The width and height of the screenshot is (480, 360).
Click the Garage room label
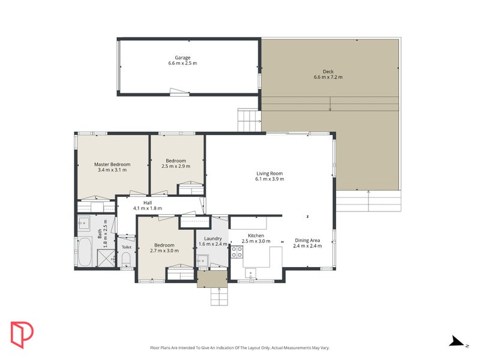point(182,58)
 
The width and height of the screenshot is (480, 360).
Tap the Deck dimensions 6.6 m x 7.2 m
point(328,77)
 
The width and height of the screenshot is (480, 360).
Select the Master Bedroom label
point(112,164)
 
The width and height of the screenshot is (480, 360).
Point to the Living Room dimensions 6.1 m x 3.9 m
point(269,179)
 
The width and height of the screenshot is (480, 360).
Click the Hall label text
point(147,203)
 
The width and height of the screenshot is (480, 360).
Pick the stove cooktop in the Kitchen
point(237,252)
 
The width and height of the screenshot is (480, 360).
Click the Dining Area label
point(307,240)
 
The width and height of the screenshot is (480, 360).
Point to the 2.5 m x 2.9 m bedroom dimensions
point(176,166)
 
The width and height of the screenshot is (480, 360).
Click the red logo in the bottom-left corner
point(22,334)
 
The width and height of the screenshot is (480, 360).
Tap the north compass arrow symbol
point(458,341)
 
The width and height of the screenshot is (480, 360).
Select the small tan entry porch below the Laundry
point(212,278)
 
